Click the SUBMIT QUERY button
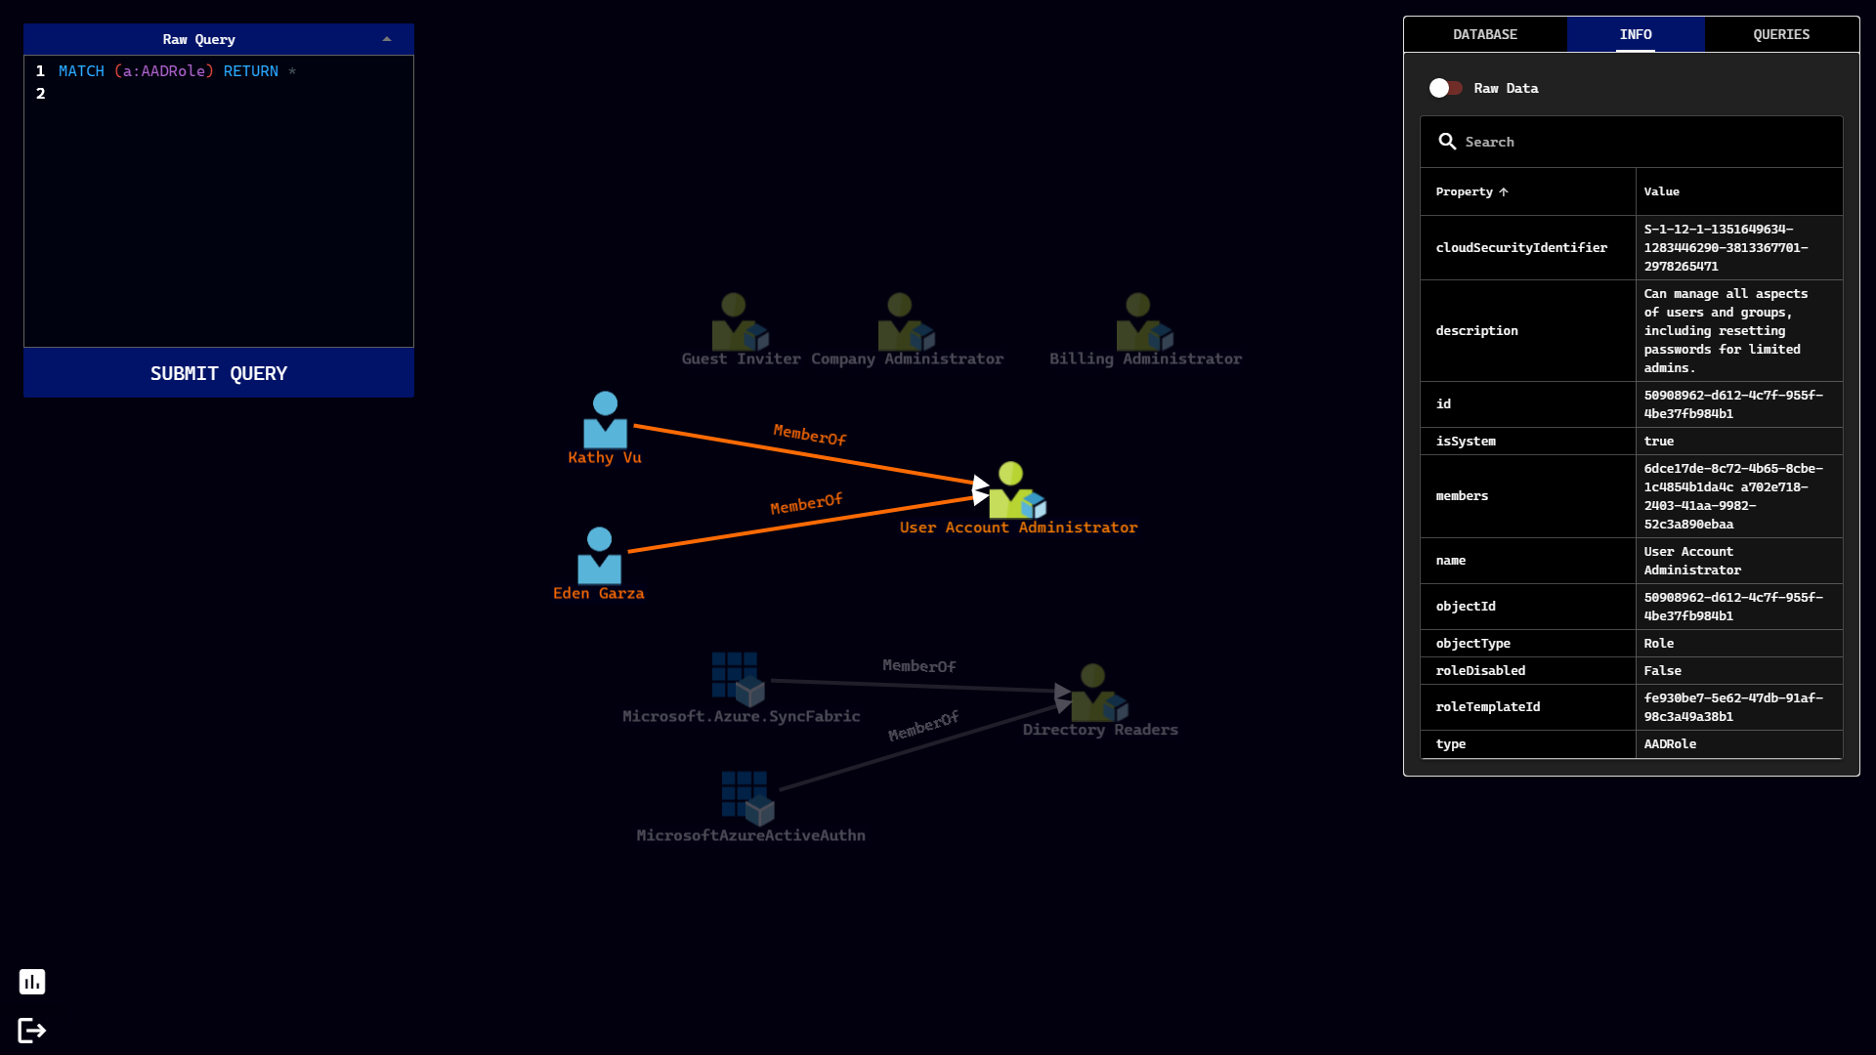tap(218, 373)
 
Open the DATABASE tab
tap(1484, 34)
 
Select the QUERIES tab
tap(1780, 34)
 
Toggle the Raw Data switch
tap(1446, 88)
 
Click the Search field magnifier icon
tap(1447, 142)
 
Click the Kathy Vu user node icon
tap(605, 420)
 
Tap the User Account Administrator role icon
tap(1015, 491)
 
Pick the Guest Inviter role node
tap(739, 323)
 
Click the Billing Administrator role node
tap(1143, 323)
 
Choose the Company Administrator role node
tap(905, 323)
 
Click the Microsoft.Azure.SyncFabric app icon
tap(738, 679)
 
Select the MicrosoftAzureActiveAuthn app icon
tap(747, 798)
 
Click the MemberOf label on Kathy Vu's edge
tap(809, 435)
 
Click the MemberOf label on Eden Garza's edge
tap(806, 504)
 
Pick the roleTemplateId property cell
tap(1487, 707)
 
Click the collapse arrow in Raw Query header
tap(387, 39)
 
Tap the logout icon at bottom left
tap(32, 1031)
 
